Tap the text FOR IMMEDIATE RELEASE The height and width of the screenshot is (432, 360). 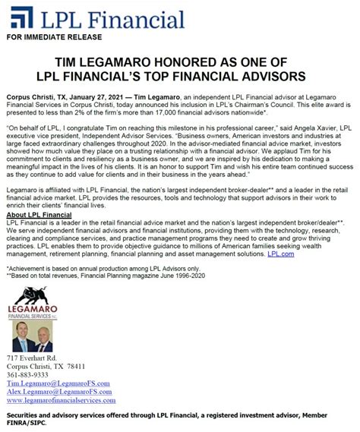[x=47, y=36]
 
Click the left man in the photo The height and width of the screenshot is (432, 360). [x=23, y=337]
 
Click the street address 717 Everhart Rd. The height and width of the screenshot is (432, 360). [x=32, y=357]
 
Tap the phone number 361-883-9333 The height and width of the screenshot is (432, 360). [x=27, y=374]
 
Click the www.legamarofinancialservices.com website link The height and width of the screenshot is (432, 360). [x=61, y=400]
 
